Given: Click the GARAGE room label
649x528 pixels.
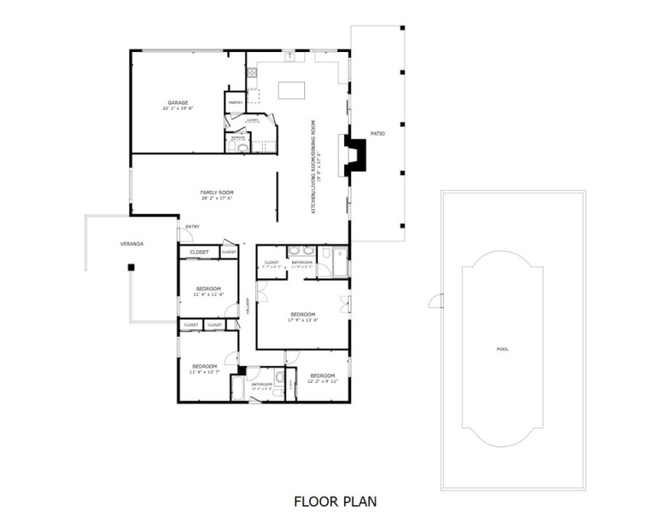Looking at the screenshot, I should (178, 102).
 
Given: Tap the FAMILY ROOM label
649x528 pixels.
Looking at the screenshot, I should (217, 192).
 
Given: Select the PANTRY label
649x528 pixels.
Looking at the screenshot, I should (235, 103).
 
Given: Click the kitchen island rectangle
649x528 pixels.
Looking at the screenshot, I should (291, 89).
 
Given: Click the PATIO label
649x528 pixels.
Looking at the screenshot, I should (377, 132).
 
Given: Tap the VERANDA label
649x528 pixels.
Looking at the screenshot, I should (131, 243).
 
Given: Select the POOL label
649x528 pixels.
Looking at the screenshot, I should (503, 349).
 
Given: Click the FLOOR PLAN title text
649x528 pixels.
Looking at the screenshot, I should (335, 501).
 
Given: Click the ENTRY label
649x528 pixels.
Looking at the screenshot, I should (192, 226).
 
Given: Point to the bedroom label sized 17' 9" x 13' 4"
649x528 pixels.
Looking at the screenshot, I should (303, 314).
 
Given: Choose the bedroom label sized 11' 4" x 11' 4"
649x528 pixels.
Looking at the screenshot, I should (208, 289).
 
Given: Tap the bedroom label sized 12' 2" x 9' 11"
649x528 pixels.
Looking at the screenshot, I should (322, 376).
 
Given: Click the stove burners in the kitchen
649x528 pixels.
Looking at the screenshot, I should (251, 72).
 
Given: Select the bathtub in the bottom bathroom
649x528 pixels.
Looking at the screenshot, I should (239, 387).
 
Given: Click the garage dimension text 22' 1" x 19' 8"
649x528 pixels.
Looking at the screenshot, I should (178, 108).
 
